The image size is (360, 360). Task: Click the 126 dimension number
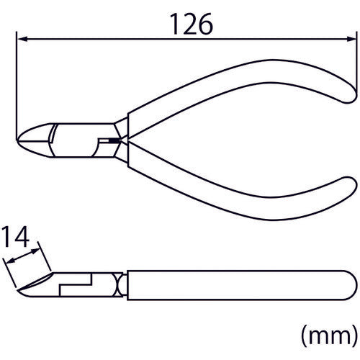click(192, 24)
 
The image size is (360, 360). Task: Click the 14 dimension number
click(15, 237)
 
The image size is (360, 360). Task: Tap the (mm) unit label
click(329, 336)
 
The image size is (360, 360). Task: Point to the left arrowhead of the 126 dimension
click(22, 39)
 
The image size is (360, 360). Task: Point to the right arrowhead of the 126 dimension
click(350, 39)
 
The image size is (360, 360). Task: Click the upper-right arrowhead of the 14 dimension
click(35, 251)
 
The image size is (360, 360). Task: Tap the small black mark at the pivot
click(114, 140)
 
